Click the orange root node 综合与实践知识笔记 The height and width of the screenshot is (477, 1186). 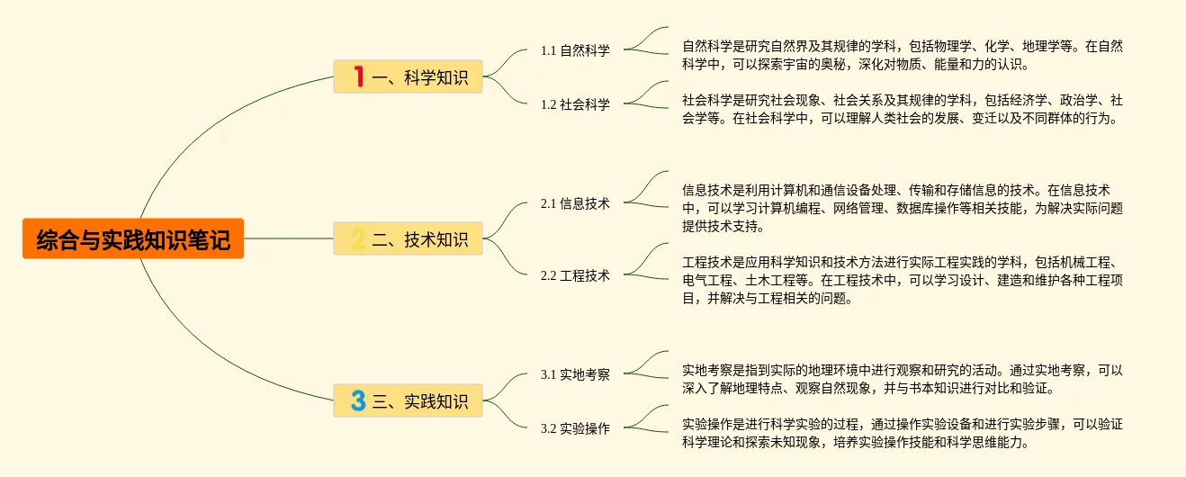[133, 239]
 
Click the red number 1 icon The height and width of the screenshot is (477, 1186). [358, 77]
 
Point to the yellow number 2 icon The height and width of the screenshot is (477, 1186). [357, 239]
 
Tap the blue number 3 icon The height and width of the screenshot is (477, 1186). [358, 401]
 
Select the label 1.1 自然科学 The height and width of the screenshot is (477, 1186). [575, 50]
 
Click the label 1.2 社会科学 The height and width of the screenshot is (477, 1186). [575, 104]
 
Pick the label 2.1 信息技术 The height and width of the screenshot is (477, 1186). [575, 203]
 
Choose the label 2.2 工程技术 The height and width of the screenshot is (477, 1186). [575, 275]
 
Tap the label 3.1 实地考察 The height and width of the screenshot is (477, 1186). [575, 374]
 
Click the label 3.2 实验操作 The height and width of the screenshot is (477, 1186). [575, 428]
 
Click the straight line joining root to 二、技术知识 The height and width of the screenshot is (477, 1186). [288, 239]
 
